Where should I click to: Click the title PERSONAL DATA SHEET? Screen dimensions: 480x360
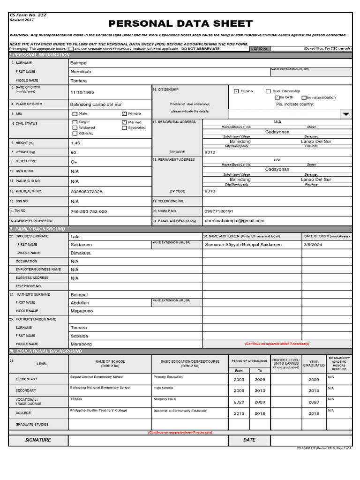click(x=180, y=24)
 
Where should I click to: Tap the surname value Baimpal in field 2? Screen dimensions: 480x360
click(x=79, y=63)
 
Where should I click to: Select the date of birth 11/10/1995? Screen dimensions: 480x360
click(x=82, y=92)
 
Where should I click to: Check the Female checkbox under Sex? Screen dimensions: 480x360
click(x=124, y=113)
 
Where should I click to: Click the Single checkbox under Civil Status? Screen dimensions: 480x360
click(x=75, y=122)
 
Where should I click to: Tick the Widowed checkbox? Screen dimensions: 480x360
click(x=75, y=127)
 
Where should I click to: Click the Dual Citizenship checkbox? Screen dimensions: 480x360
click(x=268, y=91)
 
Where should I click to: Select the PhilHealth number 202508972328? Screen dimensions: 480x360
click(x=86, y=192)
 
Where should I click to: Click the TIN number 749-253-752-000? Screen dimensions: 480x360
click(x=89, y=212)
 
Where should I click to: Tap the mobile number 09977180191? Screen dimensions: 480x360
click(x=219, y=211)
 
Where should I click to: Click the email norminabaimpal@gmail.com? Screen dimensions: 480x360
click(x=234, y=221)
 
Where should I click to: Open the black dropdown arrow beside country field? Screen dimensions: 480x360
click(x=346, y=114)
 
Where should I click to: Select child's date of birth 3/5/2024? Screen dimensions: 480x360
click(x=313, y=245)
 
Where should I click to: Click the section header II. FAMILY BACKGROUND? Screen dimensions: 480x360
click(x=37, y=229)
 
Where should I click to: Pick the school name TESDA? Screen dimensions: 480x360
click(x=76, y=399)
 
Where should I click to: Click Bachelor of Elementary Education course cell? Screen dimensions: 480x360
click(x=180, y=411)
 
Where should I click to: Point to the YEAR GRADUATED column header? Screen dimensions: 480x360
click(x=314, y=363)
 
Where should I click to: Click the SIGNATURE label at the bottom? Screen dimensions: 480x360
click(x=38, y=440)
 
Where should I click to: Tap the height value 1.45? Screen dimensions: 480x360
click(x=75, y=143)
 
